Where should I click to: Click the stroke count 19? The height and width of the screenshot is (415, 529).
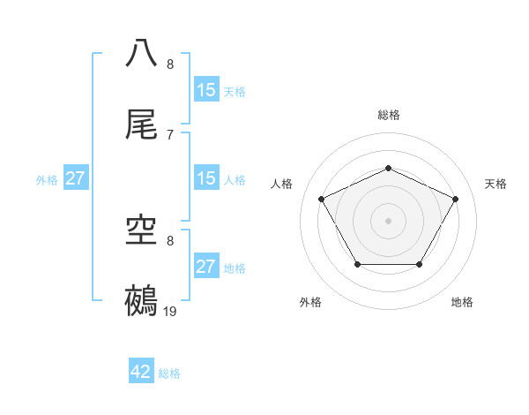tap(170, 311)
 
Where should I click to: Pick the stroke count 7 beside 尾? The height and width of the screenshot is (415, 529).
tap(170, 134)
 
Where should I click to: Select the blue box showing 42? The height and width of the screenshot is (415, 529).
tap(141, 372)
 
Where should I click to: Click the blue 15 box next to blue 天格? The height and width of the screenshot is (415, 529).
tap(205, 89)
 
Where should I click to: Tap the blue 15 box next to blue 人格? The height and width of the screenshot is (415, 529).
tap(205, 178)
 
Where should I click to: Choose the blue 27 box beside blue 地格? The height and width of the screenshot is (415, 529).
tap(205, 267)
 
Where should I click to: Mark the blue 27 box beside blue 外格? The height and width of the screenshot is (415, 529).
tap(75, 178)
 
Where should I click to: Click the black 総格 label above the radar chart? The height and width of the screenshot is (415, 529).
tap(388, 115)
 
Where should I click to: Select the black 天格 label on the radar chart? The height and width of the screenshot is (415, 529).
tap(495, 184)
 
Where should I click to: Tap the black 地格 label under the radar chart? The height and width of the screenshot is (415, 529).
tap(462, 302)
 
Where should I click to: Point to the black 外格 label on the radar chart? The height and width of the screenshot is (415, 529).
tap(310, 302)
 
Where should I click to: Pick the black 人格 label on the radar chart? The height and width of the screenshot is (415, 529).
tap(282, 184)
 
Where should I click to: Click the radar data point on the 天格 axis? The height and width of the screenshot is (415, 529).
tap(455, 199)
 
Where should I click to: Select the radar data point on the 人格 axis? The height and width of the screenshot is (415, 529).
tap(322, 199)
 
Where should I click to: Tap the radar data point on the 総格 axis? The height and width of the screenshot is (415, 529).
tap(388, 168)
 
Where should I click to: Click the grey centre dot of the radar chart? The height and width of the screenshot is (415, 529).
tap(388, 221)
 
